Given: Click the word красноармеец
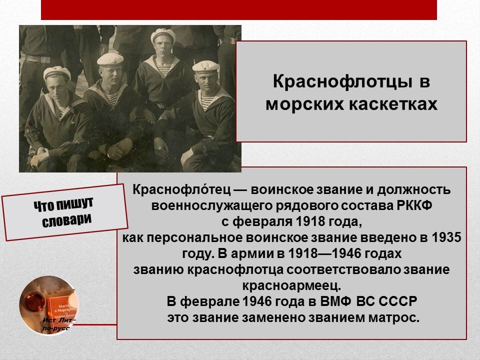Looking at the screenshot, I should point(291,285).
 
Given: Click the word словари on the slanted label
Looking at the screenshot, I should point(66,221).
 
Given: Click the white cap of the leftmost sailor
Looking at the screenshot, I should point(56,72).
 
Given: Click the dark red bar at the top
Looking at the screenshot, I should point(238,9).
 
